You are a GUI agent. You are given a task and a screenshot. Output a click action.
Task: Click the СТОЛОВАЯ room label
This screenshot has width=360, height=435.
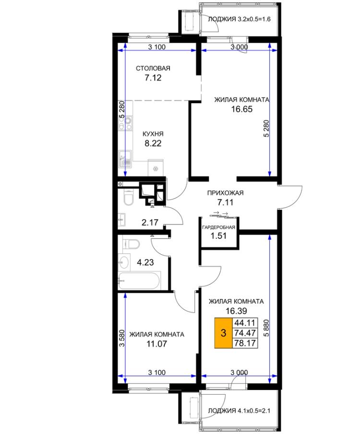pyautogui.click(x=153, y=68)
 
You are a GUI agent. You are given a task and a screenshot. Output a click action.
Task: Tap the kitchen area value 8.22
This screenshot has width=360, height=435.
pyautogui.click(x=153, y=143)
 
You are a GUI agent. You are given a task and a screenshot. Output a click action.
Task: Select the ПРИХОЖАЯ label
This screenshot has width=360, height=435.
pyautogui.click(x=226, y=193)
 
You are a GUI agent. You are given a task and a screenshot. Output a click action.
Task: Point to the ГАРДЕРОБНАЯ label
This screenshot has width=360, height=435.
pyautogui.click(x=218, y=227)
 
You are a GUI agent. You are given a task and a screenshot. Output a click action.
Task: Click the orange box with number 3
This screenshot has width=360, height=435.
pyautogui.click(x=223, y=333)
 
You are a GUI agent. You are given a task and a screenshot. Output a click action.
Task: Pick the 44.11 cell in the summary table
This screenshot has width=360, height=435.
pyautogui.click(x=245, y=323)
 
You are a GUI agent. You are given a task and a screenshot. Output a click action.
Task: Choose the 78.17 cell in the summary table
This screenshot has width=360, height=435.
pyautogui.click(x=245, y=343)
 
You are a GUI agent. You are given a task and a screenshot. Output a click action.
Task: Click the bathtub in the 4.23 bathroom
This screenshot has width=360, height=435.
pyautogui.click(x=139, y=281)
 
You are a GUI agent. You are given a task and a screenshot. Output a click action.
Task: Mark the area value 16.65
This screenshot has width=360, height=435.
pyautogui.click(x=242, y=109)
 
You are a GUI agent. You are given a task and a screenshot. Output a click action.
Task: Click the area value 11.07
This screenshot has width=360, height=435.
pyautogui.click(x=157, y=344)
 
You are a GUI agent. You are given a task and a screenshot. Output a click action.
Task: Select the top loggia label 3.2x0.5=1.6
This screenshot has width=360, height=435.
pyautogui.click(x=239, y=19)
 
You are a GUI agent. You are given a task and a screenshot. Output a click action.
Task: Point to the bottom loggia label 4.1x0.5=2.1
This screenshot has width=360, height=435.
pyautogui.click(x=239, y=411)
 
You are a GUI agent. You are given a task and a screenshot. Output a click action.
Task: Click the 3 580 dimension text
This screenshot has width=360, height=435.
pyautogui.click(x=121, y=338)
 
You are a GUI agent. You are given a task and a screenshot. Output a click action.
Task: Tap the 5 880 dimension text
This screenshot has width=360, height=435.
pyautogui.click(x=266, y=328)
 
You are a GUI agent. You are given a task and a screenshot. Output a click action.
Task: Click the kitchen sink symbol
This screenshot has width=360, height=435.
pyautogui.click(x=125, y=159)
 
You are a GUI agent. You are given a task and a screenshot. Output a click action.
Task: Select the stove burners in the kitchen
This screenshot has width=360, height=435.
pyautogui.click(x=125, y=123)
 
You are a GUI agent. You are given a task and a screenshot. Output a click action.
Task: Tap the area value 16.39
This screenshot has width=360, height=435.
pyautogui.click(x=236, y=311)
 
